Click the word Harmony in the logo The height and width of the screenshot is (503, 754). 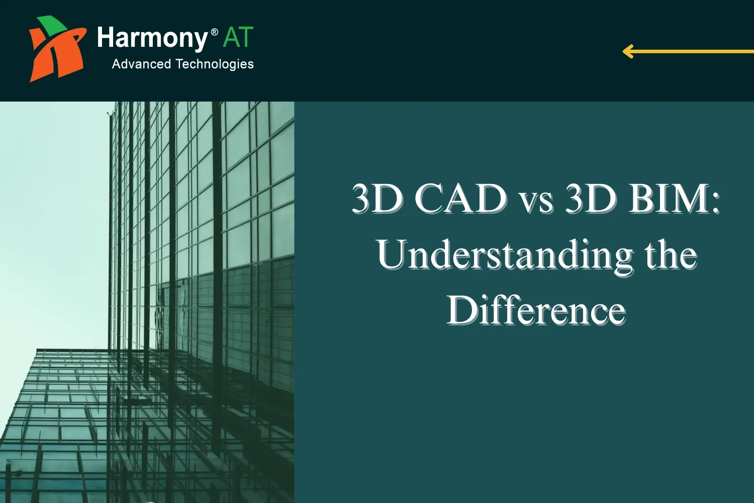[152, 39]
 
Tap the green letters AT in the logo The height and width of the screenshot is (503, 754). [238, 38]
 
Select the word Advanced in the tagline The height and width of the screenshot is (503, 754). [141, 64]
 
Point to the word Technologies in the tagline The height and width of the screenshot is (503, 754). [215, 64]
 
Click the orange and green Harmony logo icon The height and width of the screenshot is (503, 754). [56, 49]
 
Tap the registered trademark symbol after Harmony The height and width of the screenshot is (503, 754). [215, 32]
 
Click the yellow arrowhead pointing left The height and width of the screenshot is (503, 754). [628, 51]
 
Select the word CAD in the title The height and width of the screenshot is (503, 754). [460, 198]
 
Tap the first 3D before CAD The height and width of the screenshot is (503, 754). [377, 198]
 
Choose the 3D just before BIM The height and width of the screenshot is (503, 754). [591, 198]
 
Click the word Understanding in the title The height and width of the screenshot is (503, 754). [505, 256]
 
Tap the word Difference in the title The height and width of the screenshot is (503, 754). [536, 310]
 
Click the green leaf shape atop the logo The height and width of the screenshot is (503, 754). [52, 24]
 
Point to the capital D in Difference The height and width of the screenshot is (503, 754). [461, 309]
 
